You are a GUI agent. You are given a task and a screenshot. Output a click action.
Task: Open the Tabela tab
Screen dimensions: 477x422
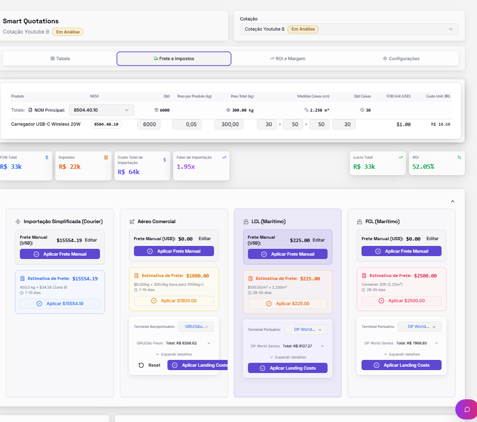60,59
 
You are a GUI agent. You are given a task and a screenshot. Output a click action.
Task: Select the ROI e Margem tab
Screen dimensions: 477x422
287,59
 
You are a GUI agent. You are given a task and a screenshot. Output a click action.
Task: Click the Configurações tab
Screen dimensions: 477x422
401,59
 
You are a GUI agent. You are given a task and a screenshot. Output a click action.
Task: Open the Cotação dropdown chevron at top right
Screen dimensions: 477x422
450,29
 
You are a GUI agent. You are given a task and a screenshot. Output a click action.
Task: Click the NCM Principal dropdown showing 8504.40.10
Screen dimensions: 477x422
101,110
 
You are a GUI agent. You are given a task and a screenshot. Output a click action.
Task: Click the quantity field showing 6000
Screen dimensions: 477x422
149,124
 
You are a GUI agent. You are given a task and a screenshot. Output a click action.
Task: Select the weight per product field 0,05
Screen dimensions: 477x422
187,124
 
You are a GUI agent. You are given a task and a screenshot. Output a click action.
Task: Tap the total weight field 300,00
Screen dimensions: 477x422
229,124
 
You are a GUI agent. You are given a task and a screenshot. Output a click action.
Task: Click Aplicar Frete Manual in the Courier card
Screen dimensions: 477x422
60,254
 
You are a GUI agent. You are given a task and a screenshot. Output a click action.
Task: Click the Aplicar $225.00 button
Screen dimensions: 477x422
288,304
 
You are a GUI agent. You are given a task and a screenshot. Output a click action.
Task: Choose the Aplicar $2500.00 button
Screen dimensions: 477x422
402,301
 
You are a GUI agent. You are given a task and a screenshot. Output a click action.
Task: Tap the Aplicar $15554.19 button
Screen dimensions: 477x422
60,304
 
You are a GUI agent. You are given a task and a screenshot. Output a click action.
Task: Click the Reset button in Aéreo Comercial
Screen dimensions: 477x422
149,365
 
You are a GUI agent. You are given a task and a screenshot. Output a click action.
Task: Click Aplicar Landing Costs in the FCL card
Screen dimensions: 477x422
402,365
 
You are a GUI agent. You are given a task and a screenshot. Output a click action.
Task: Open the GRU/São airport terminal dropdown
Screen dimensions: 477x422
196,326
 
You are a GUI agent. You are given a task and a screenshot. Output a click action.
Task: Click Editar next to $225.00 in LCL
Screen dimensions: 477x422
318,240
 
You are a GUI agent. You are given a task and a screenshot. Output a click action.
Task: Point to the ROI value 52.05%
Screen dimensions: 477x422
423,166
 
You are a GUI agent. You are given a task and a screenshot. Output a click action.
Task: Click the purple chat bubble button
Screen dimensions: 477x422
467,409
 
